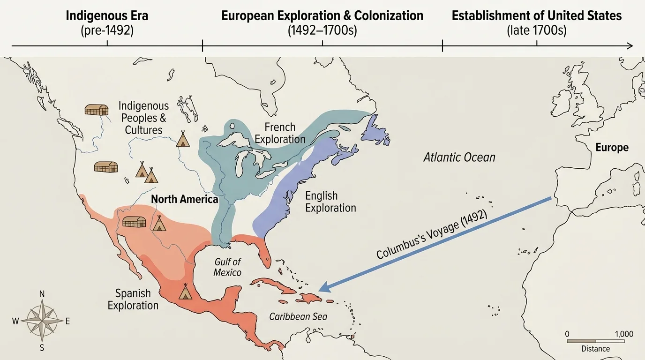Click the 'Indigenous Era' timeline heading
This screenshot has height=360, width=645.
107,15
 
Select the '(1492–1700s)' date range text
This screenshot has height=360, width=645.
322,31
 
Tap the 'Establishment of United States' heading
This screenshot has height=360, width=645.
536,15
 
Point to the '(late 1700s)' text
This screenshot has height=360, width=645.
536,31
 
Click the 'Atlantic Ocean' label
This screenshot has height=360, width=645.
459,157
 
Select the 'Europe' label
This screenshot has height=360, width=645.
612,148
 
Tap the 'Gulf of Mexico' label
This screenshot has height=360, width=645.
227,267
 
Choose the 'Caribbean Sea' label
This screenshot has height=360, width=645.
298,316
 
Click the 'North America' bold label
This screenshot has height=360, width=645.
185,199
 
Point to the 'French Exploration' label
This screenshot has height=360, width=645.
280,133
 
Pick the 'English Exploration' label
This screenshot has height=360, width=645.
330,202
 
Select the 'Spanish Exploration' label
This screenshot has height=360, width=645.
133,300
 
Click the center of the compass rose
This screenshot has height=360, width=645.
42,321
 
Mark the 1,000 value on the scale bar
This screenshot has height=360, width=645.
623,334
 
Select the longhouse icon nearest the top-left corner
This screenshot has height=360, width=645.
96,110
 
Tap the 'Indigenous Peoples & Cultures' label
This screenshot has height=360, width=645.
143,118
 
